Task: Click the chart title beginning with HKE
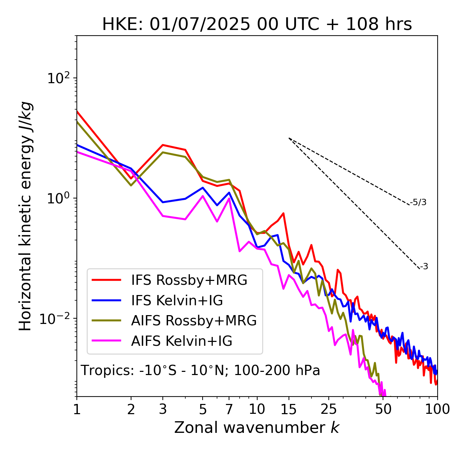[x=257, y=25]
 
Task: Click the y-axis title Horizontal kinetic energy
[x=25, y=216]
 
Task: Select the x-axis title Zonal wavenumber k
[x=257, y=428]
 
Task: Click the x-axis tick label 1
[x=77, y=409]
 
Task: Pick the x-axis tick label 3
[x=163, y=409]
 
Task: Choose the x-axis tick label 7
[x=229, y=409]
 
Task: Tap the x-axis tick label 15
[x=289, y=409]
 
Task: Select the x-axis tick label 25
[x=329, y=409]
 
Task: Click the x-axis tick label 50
[x=383, y=409]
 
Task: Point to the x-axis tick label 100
[x=437, y=409]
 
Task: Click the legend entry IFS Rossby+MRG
[x=189, y=280]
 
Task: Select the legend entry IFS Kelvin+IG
[x=177, y=300]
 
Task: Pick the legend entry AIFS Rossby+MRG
[x=194, y=321]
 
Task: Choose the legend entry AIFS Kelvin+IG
[x=181, y=341]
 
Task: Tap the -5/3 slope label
[x=418, y=203]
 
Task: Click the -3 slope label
[x=424, y=267]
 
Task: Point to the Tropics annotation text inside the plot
[x=200, y=370]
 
